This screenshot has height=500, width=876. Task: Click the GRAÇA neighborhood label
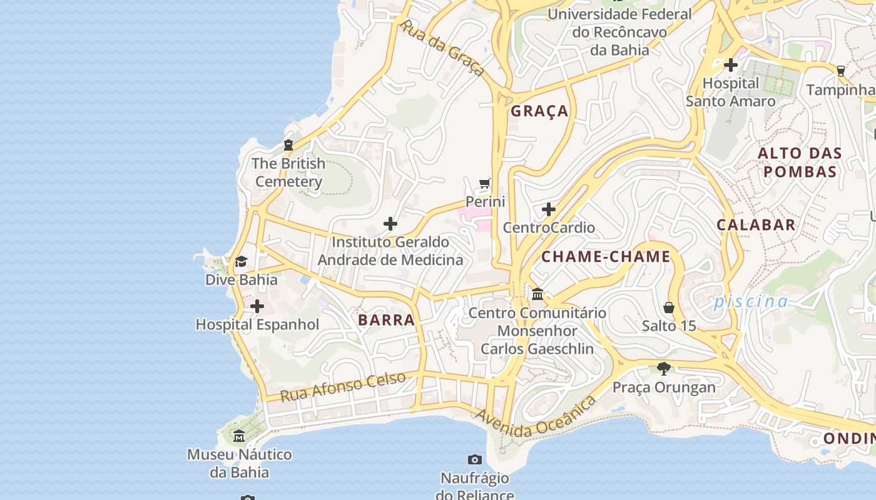[539, 111]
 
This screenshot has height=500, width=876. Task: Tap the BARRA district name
[386, 320]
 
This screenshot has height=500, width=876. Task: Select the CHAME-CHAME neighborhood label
[606, 257]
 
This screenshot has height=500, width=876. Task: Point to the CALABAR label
[756, 225]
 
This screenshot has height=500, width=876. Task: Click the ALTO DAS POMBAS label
[800, 162]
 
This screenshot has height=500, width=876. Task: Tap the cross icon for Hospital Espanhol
[257, 307]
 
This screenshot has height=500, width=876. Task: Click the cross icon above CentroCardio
[549, 209]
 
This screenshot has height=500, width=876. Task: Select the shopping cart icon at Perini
[485, 184]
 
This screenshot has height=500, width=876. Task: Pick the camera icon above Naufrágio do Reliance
[475, 460]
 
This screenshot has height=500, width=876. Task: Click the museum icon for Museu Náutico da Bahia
[239, 436]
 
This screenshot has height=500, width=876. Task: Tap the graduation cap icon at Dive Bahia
[241, 261]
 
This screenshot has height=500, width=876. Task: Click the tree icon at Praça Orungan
[664, 369]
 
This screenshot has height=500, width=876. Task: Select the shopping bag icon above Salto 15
[669, 307]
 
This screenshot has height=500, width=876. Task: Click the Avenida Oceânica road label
[535, 417]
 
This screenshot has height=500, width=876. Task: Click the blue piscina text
[751, 302]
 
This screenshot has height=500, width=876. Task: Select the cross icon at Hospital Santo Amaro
[730, 65]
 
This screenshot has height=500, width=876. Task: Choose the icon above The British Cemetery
[288, 145]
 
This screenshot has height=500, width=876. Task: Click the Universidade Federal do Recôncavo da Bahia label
[619, 31]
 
